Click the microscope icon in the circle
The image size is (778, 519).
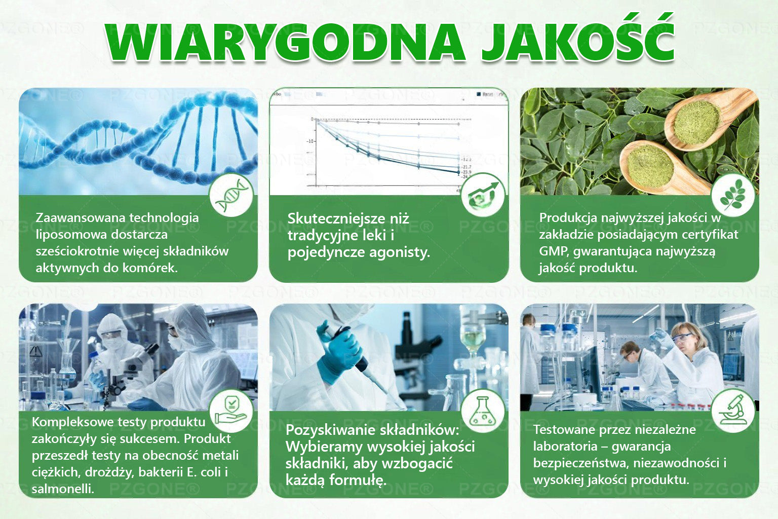[733, 411]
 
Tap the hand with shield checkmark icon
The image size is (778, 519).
[231, 411]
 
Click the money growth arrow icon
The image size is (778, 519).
[483, 195]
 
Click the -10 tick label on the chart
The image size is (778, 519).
[309, 141]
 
